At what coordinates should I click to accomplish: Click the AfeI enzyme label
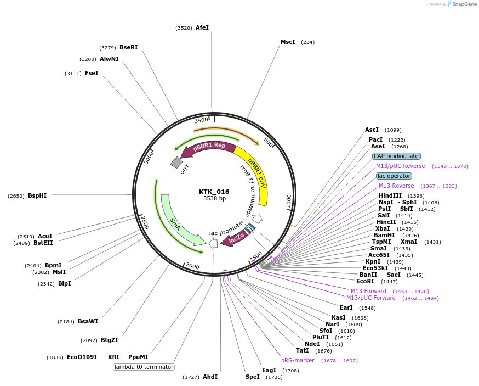pos(202,27)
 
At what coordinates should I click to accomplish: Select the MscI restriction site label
pos(288,42)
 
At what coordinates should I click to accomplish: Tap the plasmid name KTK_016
pos(214,192)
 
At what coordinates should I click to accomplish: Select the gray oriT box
pos(176,163)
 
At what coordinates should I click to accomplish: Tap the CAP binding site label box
pos(397,156)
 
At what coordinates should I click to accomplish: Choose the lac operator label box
pos(394,176)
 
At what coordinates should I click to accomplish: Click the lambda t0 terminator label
pos(144,367)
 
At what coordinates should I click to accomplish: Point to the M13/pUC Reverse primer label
pos(400,166)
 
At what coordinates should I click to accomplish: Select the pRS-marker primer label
pos(298,360)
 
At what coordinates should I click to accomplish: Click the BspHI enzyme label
pos(37,195)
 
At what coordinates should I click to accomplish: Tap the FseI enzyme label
pos(92,73)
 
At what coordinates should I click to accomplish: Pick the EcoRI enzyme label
pos(365,281)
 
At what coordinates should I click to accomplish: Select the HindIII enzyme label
pos(390,195)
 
